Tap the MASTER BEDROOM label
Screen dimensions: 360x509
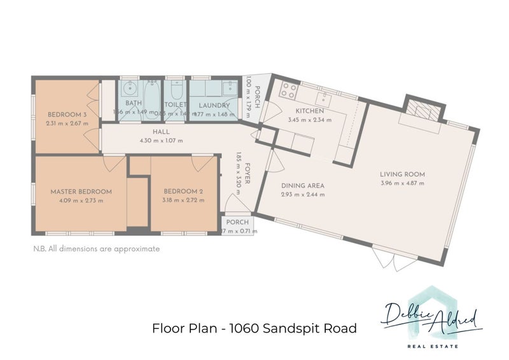pos(81,191)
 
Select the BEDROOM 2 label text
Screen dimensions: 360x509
pos(183,191)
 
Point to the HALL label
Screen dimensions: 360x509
pos(160,132)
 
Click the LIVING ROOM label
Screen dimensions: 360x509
pos(402,174)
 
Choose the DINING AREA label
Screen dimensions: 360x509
pos(303,186)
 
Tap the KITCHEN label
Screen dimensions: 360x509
pos(310,111)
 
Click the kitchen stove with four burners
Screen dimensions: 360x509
pos(288,90)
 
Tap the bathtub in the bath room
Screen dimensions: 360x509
pos(153,99)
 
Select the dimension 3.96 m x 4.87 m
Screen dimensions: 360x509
pos(402,183)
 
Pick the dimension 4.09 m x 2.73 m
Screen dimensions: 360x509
pos(81,200)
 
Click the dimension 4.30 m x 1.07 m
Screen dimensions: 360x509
pos(160,141)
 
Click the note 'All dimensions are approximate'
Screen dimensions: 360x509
pos(96,249)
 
